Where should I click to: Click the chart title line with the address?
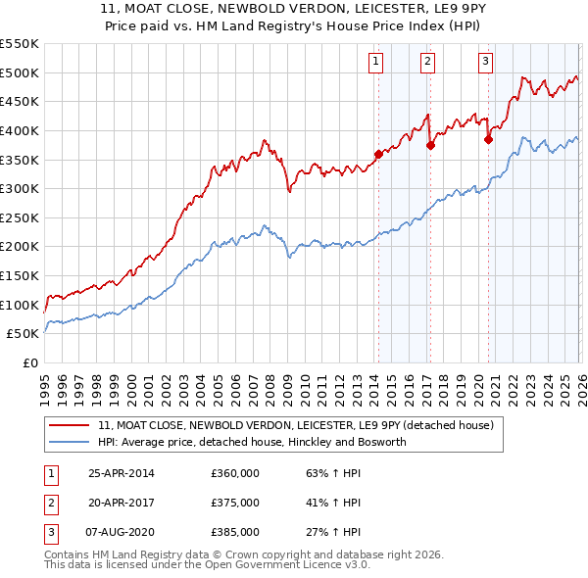294,8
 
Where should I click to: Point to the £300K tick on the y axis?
20,188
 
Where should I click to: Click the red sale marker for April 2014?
378,153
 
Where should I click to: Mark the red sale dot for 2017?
430,145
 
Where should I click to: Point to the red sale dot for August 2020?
487,139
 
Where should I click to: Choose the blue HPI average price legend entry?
265,442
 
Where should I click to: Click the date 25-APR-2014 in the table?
121,473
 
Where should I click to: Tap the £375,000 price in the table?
235,503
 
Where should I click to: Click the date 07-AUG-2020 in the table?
122,532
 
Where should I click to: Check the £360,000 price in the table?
235,473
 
